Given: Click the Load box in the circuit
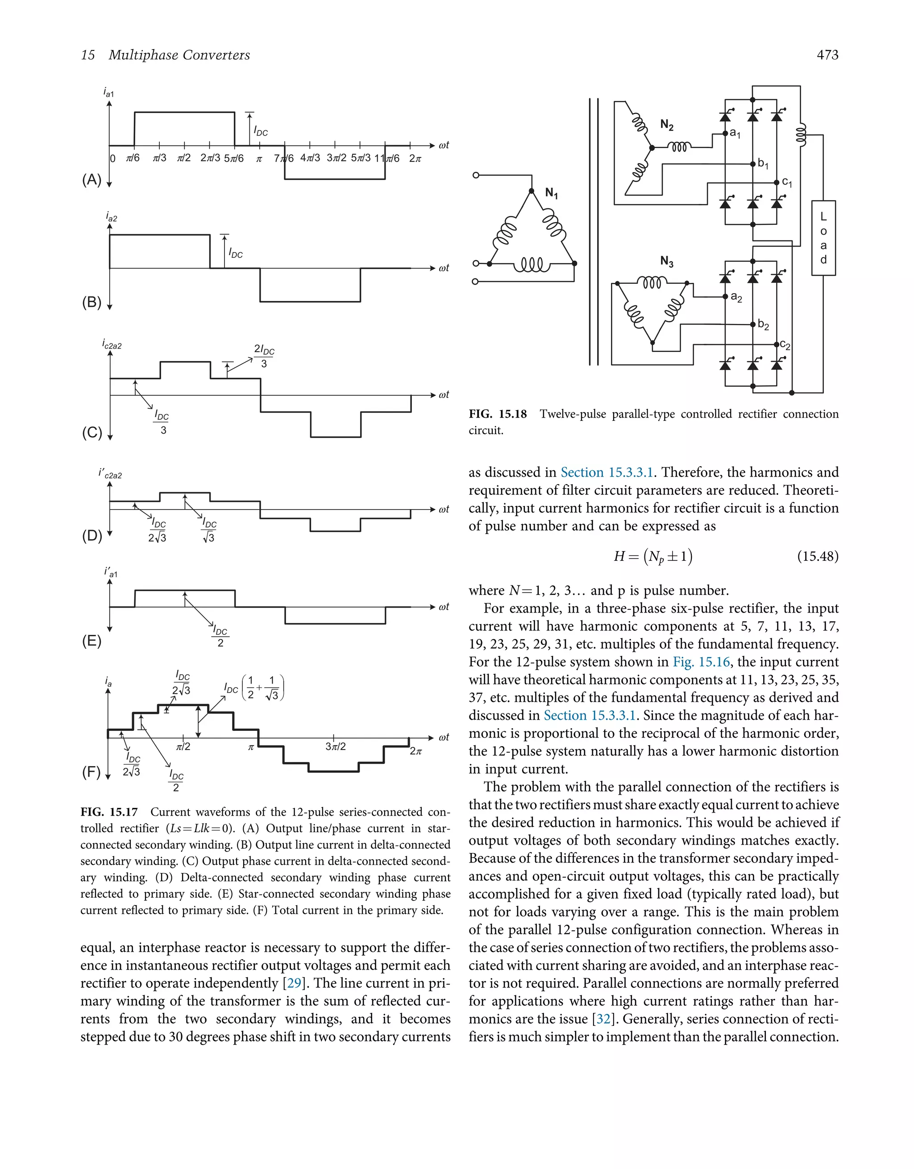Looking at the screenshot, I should tap(823, 238).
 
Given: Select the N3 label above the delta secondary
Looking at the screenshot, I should tap(667, 261).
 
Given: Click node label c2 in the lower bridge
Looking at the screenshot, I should tap(785, 345).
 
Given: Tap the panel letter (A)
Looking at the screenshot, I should tap(91, 179).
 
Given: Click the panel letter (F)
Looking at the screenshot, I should tap(91, 772).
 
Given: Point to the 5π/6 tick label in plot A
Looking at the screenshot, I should tap(233, 158).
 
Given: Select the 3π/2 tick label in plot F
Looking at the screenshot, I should tap(335, 746).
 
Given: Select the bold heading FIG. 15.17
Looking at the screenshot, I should tap(109, 812).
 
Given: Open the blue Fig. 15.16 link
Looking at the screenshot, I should tap(701, 662).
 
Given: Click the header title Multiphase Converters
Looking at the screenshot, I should tap(179, 54).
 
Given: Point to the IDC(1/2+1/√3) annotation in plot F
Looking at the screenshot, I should tap(254, 688).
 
